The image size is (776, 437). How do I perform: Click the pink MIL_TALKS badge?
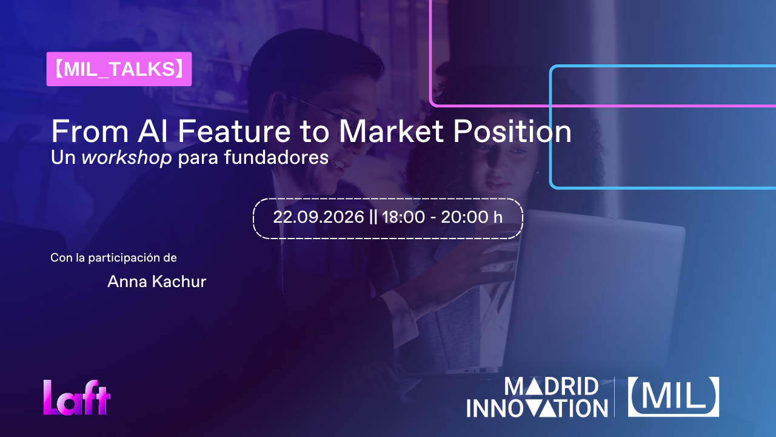click(119, 69)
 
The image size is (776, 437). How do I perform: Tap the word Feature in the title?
click(234, 131)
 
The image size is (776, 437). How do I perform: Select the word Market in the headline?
click(391, 131)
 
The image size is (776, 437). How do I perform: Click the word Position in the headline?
click(512, 131)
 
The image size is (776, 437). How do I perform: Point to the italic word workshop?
click(127, 157)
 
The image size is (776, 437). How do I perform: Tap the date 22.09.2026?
click(318, 217)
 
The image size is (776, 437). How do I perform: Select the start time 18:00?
click(403, 217)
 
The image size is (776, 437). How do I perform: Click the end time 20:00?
click(464, 217)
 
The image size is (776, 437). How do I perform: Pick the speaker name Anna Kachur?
click(156, 281)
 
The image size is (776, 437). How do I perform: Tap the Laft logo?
click(76, 398)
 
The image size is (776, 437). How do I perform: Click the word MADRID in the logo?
click(551, 387)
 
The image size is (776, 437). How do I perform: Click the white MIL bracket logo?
click(674, 397)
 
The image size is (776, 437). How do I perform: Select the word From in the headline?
click(90, 131)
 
